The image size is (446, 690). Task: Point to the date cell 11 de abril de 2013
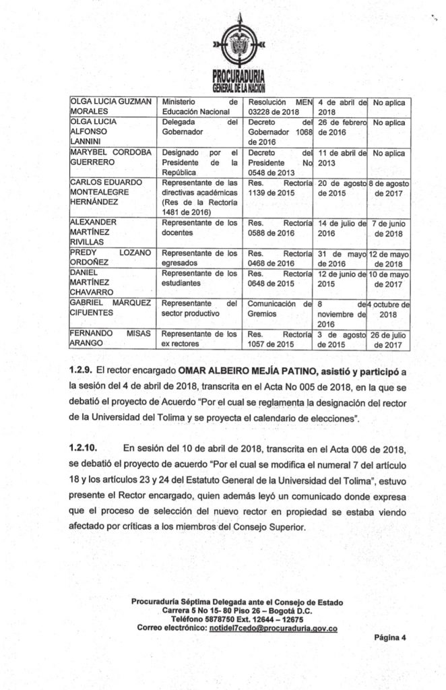tap(341, 158)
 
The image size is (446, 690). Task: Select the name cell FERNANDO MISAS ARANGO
tap(111, 339)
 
